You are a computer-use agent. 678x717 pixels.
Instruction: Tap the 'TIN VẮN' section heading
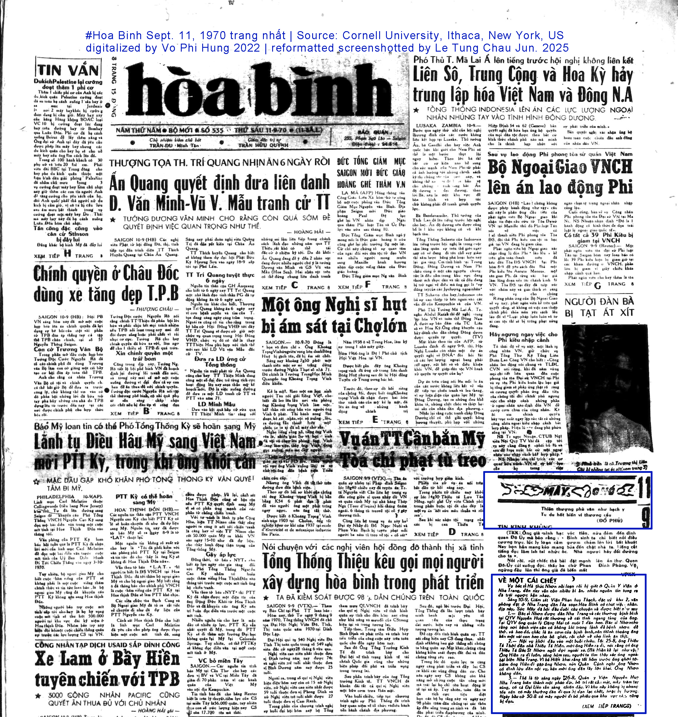pyautogui.click(x=68, y=70)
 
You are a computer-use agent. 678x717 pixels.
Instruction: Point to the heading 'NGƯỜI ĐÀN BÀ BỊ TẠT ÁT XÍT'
pyautogui.click(x=599, y=307)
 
